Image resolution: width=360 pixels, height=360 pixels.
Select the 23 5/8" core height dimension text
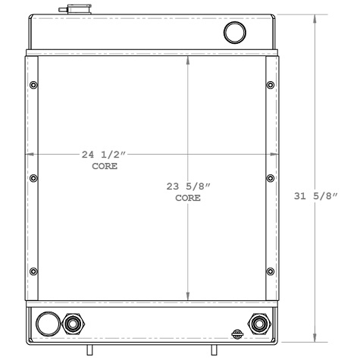(188, 186)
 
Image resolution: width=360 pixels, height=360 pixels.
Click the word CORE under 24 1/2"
(105, 166)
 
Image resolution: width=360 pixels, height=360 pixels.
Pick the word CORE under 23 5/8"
(188, 197)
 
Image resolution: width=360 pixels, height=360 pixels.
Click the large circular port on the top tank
(236, 33)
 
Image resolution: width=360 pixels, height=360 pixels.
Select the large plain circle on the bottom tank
(47, 324)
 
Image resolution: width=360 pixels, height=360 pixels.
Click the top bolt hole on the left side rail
(32, 84)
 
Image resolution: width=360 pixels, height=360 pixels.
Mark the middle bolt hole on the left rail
(32, 178)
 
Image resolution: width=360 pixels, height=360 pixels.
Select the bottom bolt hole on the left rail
(32, 271)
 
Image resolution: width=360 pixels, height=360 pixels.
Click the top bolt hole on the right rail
(271, 84)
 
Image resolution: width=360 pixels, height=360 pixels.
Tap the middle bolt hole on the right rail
(271, 178)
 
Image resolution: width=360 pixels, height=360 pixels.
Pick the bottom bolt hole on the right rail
(271, 271)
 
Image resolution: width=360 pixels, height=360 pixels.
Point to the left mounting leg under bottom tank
(89, 349)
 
